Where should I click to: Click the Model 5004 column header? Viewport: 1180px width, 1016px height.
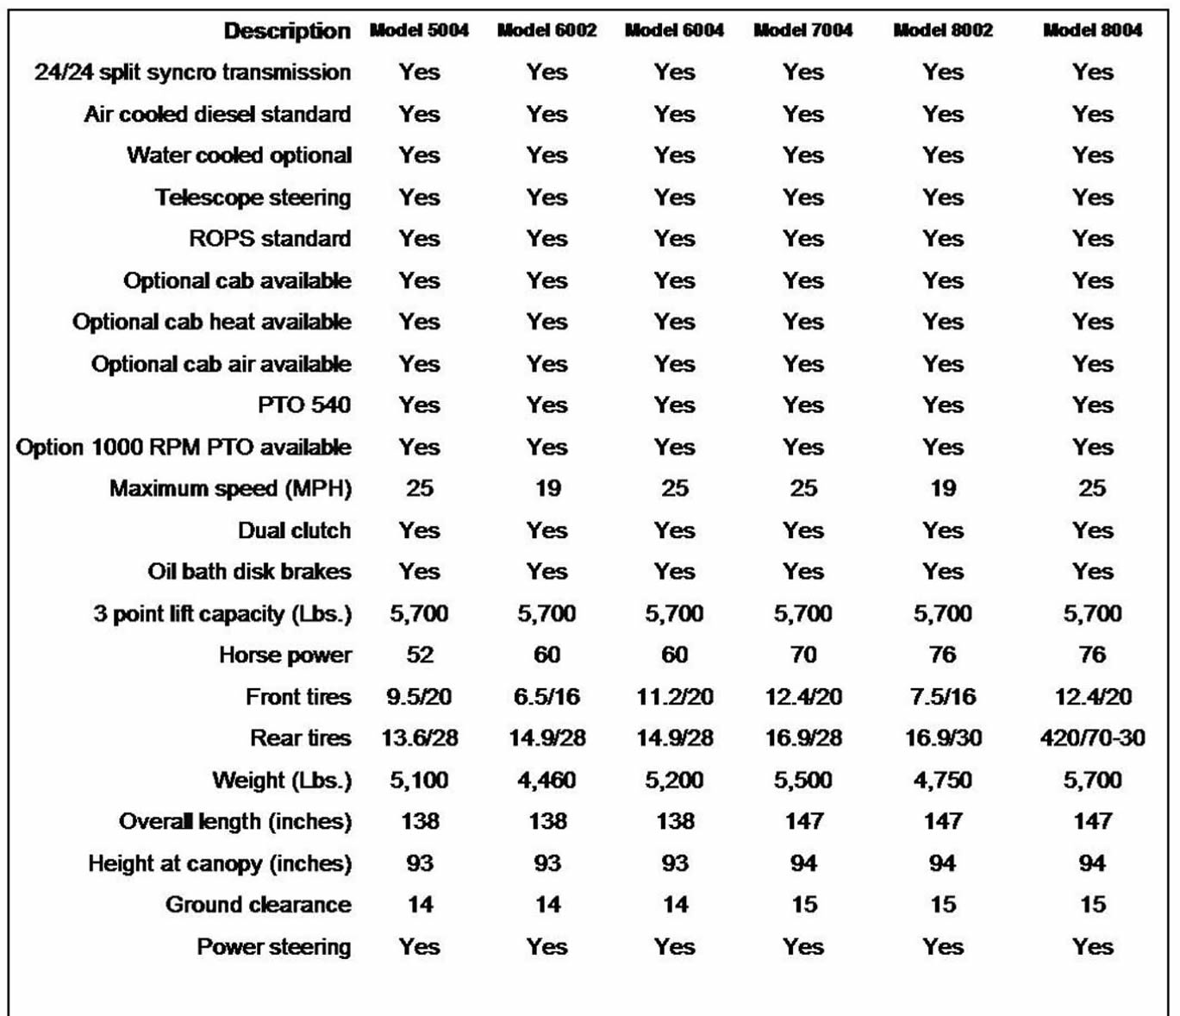pyautogui.click(x=419, y=30)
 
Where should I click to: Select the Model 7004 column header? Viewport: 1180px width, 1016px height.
pyautogui.click(x=802, y=30)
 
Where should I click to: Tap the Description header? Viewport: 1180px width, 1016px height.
pyautogui.click(x=287, y=31)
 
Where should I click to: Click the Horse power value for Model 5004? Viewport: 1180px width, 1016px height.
pyautogui.click(x=420, y=655)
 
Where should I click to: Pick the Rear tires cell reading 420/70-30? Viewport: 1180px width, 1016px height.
pyautogui.click(x=1092, y=738)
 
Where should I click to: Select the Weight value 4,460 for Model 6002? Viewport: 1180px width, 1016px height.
pyautogui.click(x=546, y=781)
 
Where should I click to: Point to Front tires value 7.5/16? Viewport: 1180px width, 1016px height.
pyautogui.click(x=942, y=697)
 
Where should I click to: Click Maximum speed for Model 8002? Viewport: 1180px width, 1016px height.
pyautogui.click(x=943, y=488)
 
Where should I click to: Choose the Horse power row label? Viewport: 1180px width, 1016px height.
pyautogui.click(x=284, y=655)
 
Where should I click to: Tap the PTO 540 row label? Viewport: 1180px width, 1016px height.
pyautogui.click(x=303, y=405)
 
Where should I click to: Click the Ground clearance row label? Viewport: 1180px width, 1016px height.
pyautogui.click(x=258, y=905)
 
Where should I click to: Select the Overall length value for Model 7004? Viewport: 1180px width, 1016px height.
pyautogui.click(x=803, y=821)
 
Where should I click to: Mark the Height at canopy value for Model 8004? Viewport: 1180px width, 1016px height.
pyautogui.click(x=1092, y=863)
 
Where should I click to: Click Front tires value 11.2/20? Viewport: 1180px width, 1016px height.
pyautogui.click(x=675, y=697)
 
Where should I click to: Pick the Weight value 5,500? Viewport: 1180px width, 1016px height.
pyautogui.click(x=802, y=781)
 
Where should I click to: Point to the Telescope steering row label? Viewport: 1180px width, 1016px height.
pyautogui.click(x=253, y=198)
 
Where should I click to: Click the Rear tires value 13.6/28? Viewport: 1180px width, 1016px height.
pyautogui.click(x=420, y=738)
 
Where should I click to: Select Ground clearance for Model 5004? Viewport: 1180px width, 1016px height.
pyautogui.click(x=420, y=905)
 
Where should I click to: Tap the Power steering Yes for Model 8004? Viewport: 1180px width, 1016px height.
pyautogui.click(x=1093, y=947)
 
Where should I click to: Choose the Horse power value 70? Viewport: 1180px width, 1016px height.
pyautogui.click(x=803, y=655)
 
